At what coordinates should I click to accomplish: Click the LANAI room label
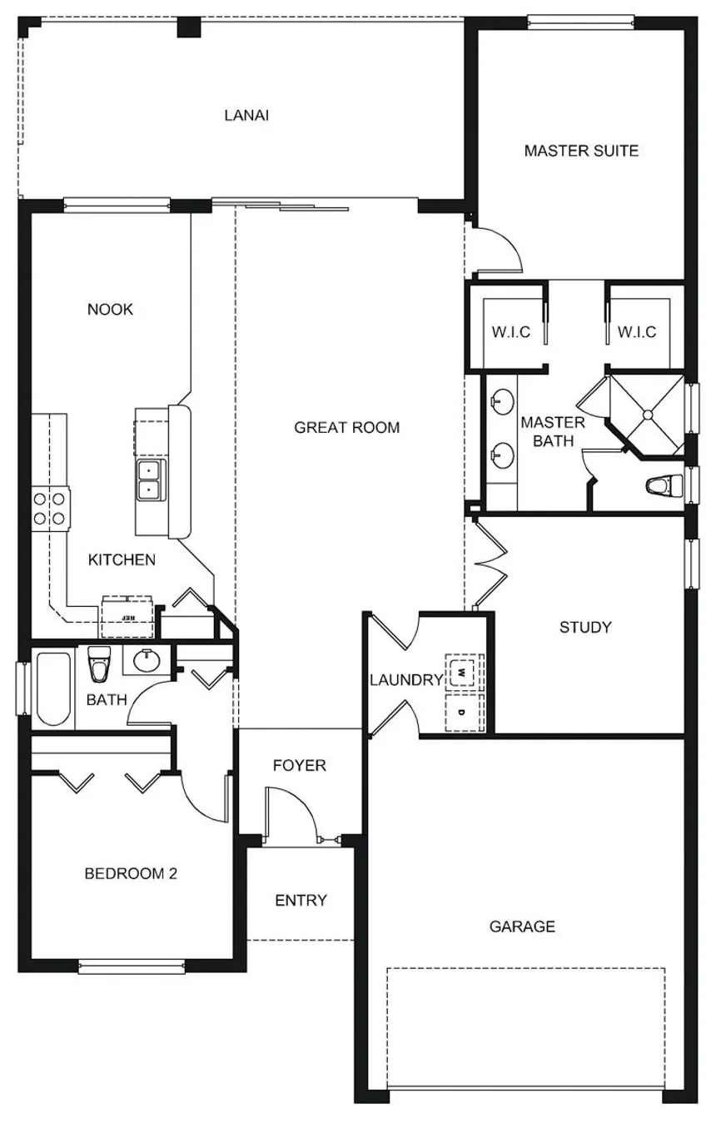(246, 116)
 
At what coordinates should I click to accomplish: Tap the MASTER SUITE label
(581, 151)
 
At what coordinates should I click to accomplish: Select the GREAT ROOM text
(346, 427)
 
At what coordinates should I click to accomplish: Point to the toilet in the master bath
(665, 486)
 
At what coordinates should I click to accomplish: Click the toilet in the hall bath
(99, 663)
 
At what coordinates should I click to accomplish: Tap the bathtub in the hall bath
(53, 688)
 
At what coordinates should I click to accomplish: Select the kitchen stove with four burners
(50, 508)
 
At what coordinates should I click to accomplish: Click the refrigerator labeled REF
(127, 617)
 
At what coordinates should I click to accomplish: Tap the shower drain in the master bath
(648, 415)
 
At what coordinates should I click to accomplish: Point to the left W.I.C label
(510, 332)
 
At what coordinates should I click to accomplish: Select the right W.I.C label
(637, 332)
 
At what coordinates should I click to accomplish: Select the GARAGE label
(522, 926)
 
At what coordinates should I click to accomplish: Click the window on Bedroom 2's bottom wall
(132, 966)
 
